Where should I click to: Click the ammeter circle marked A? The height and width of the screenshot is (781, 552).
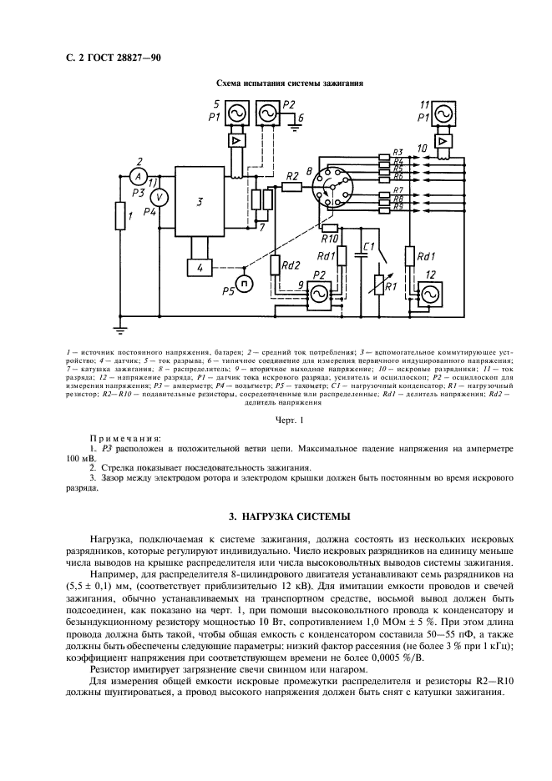tap(137, 176)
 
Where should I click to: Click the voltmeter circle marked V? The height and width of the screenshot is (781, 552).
tap(163, 196)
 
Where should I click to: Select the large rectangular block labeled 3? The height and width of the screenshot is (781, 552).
tap(200, 201)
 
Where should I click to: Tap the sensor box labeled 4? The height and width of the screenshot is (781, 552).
tap(199, 267)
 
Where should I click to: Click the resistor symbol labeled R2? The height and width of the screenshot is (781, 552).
tap(291, 188)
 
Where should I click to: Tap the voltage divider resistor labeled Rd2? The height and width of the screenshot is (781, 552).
tap(276, 266)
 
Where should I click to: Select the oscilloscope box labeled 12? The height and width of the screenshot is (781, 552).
tap(432, 295)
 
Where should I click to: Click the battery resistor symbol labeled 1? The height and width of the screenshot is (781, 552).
tap(119, 219)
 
